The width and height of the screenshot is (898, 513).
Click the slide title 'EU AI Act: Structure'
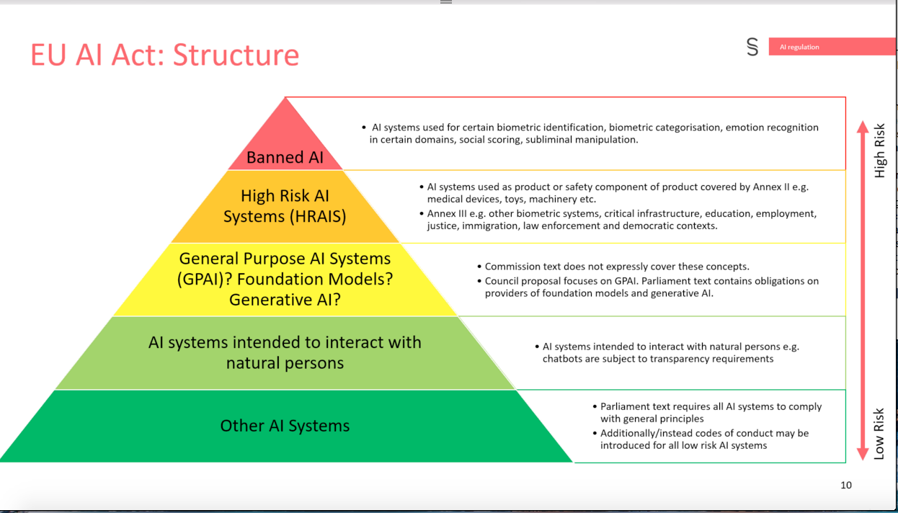pos(165,55)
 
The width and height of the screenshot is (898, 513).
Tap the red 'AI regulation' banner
pos(832,47)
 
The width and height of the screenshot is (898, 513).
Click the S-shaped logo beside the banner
pos(752,47)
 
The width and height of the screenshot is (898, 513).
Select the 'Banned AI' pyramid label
pos(285,157)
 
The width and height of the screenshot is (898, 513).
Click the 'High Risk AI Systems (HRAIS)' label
pos(285,206)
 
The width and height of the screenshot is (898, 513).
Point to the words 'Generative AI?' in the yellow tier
pos(285,300)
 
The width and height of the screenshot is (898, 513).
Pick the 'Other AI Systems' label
pos(285,426)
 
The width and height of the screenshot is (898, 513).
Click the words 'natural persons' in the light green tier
pos(285,363)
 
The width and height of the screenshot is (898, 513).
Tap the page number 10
pos(846,485)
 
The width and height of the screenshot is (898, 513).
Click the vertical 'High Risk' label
pos(879,151)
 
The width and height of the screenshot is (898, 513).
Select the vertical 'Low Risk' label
pos(879,434)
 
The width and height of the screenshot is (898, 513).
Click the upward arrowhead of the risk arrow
pos(863,127)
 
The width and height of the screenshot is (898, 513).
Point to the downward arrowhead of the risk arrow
pos(863,454)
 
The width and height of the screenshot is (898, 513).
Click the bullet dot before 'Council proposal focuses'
pos(479,281)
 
